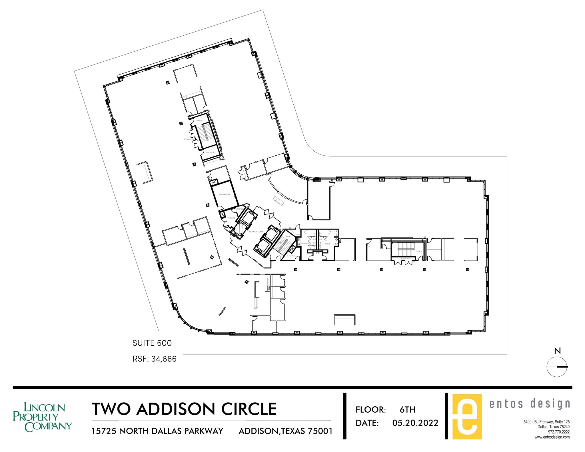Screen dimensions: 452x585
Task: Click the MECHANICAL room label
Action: tap(224, 194)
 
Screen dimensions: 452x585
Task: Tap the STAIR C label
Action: tap(199, 121)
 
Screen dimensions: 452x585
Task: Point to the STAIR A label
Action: tap(418, 252)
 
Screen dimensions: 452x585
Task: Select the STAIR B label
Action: tap(287, 237)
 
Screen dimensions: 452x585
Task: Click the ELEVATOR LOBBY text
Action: tap(256, 232)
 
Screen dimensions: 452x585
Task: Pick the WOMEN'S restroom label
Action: tap(304, 244)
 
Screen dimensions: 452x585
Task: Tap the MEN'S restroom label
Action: tap(328, 244)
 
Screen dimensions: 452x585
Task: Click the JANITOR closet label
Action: tap(239, 209)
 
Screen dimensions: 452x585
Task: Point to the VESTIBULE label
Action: tap(231, 218)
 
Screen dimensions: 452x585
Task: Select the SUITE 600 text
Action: tap(152, 343)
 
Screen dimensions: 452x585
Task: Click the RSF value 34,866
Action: tap(164, 359)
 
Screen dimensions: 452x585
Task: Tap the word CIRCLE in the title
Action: tap(249, 409)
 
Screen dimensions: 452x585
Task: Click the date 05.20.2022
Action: tap(415, 423)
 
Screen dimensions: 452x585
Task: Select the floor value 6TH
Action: tap(407, 409)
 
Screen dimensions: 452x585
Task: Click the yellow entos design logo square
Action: tap(467, 417)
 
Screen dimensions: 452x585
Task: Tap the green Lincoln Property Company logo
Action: tap(42, 417)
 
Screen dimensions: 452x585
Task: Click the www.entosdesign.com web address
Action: tap(552, 437)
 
